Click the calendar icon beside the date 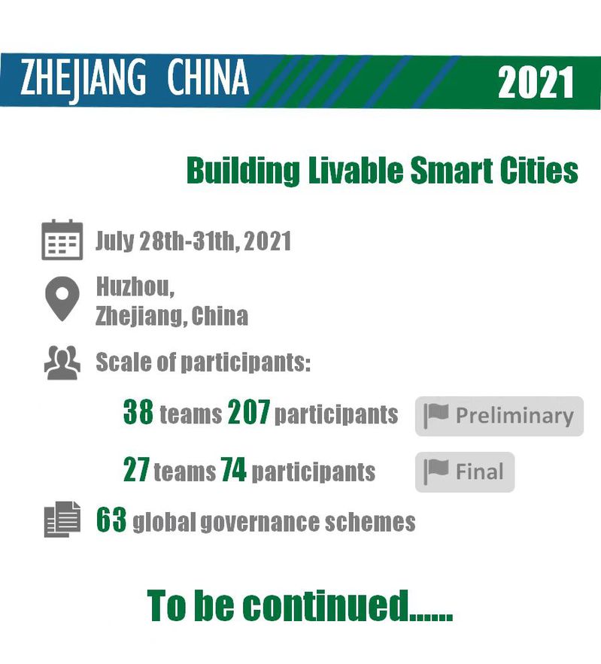click(x=62, y=240)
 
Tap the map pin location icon click(x=62, y=299)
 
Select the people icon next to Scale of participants click(x=62, y=362)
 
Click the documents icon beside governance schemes click(x=62, y=519)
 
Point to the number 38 click(x=138, y=411)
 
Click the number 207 click(x=249, y=411)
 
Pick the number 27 click(x=136, y=470)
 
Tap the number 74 click(x=233, y=470)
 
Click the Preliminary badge click(x=499, y=417)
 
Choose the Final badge click(x=465, y=472)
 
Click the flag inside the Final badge click(x=436, y=471)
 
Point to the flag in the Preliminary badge click(x=436, y=415)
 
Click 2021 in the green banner click(x=536, y=83)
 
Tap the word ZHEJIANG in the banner click(x=83, y=79)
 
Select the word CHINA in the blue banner click(x=208, y=77)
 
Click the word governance click(x=260, y=523)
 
